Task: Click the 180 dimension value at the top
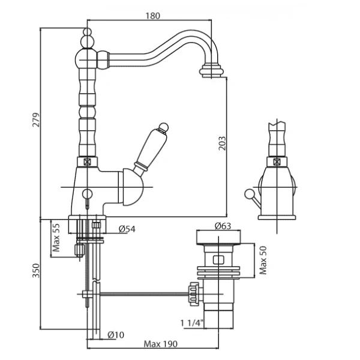coord(153,16)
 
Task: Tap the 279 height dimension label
coord(35,122)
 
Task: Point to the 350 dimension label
coord(35,271)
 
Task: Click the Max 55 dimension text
coord(56,239)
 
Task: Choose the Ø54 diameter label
coord(127,229)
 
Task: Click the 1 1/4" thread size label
coord(192,323)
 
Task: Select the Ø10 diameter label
coord(116,335)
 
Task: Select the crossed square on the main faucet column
coord(88,161)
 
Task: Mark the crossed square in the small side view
coord(277,161)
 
